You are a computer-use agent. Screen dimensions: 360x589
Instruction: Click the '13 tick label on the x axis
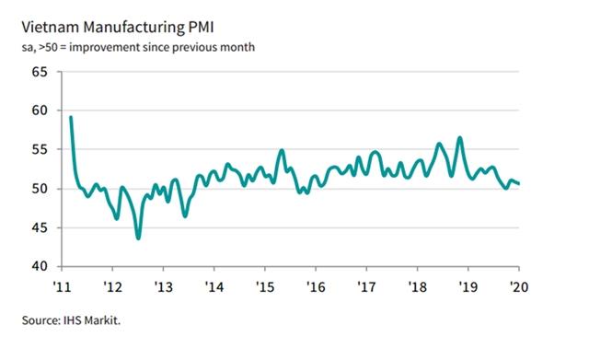[162, 286]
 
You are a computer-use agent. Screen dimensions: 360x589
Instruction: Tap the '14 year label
[213, 286]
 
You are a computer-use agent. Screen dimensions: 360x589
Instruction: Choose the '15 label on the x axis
[263, 286]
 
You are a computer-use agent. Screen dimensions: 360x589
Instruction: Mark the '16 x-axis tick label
[315, 286]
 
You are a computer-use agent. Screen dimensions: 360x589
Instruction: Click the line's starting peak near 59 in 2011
[71, 117]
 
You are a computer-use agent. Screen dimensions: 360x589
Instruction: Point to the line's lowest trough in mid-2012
[138, 238]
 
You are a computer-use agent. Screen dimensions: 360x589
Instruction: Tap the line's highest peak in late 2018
[459, 138]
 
